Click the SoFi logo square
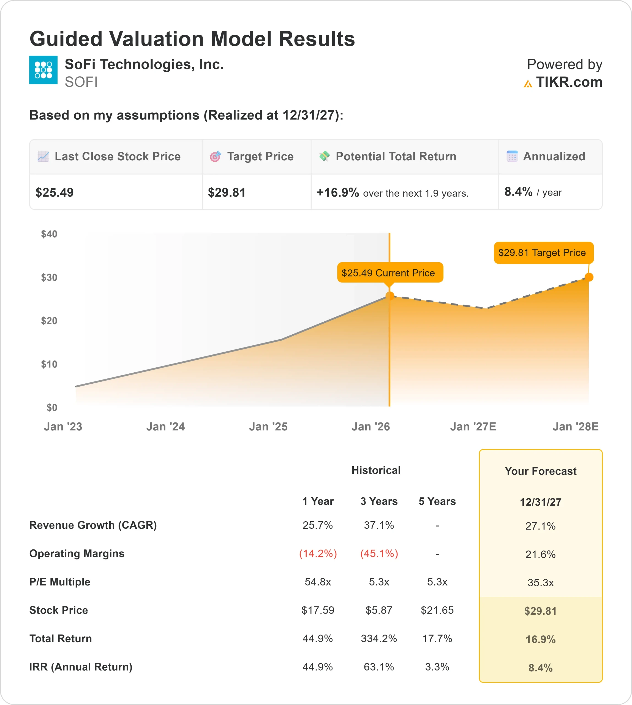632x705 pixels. [43, 70]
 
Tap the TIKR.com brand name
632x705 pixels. [569, 82]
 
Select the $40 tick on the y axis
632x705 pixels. [49, 234]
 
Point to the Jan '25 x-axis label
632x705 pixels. [268, 426]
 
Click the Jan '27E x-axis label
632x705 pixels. [473, 426]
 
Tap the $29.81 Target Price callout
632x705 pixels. [543, 253]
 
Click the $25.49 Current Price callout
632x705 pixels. [390, 272]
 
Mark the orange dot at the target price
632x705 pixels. [589, 277]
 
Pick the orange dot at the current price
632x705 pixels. [389, 296]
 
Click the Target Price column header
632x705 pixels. [260, 156]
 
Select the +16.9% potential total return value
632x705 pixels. [337, 192]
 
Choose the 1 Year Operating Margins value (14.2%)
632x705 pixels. [318, 554]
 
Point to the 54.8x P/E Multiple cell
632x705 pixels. [318, 582]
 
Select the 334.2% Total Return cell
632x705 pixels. [379, 638]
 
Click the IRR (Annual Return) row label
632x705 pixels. [81, 667]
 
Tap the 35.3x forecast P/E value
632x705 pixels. [540, 582]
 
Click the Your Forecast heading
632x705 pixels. [540, 471]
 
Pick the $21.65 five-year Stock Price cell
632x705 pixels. [437, 610]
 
